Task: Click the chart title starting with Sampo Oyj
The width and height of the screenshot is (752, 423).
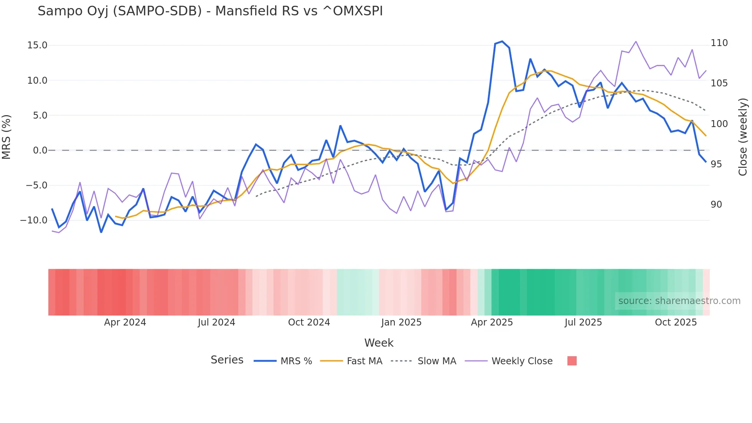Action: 210,11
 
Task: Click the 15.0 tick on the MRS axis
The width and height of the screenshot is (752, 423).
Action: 37,45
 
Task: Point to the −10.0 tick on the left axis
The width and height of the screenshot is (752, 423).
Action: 34,220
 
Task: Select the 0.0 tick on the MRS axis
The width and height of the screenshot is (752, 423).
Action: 40,150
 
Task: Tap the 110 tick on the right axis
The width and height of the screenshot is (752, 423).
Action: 719,43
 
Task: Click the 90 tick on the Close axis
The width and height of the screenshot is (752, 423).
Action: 716,205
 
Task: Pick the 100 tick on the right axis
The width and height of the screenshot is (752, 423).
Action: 719,124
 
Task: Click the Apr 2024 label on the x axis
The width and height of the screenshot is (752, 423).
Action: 125,322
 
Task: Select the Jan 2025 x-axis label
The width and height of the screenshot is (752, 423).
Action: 401,322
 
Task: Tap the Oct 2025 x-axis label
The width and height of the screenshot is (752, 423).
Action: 676,322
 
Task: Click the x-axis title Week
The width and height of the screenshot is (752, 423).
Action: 379,343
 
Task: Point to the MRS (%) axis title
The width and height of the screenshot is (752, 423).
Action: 7,137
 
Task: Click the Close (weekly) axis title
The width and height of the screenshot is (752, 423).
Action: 743,137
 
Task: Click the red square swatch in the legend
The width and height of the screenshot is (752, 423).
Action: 572,361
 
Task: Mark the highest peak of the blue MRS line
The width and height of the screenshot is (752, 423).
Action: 502,41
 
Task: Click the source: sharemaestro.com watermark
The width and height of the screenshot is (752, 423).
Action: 679,301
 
